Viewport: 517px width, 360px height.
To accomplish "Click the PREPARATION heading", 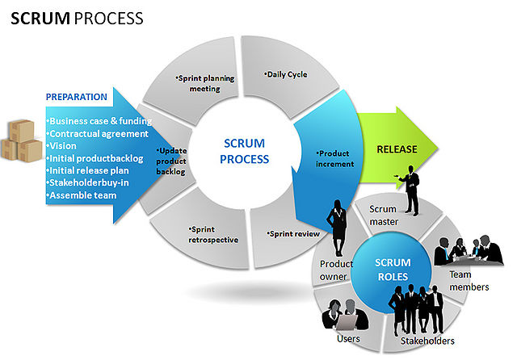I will point(77,97).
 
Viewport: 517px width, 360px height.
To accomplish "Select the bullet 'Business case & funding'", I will point(100,121).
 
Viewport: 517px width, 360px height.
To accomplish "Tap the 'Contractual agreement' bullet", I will point(98,134).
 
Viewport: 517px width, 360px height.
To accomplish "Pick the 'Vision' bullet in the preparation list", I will point(63,146).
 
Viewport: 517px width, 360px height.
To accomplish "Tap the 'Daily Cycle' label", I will point(286,74).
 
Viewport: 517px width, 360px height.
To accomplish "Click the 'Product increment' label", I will point(336,158).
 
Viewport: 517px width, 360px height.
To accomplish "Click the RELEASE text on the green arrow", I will point(399,149).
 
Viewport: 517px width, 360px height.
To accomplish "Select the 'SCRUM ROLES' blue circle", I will point(393,269).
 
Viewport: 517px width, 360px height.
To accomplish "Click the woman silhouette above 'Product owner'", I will point(334,231).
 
